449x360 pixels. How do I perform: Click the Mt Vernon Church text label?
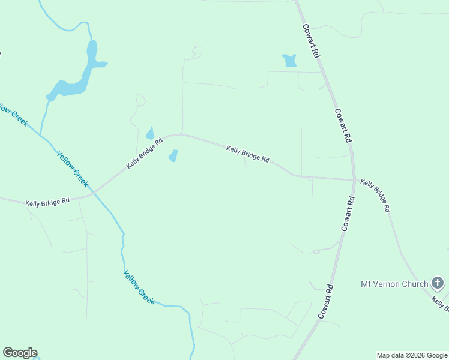394,284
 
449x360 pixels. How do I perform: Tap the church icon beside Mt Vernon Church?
438,283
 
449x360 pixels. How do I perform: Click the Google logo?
20,353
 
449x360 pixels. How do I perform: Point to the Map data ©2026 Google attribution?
412,355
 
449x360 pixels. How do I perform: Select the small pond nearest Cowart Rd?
290,61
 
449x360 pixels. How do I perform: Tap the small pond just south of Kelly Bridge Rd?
173,156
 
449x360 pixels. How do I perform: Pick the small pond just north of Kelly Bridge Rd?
149,133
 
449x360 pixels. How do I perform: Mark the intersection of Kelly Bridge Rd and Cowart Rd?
354,179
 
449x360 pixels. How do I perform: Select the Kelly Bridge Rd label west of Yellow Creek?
47,202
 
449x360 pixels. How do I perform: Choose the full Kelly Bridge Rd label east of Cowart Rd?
376,196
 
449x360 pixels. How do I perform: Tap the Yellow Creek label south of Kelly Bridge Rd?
139,287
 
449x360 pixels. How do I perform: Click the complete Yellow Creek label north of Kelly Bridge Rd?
72,169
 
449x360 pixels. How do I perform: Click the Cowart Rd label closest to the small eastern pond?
311,40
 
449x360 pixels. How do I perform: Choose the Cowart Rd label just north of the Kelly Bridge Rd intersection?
343,125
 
